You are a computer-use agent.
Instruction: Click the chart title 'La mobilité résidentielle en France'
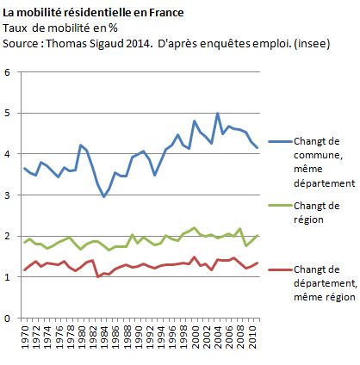click(93, 13)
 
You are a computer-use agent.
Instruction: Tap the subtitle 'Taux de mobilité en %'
click(60, 28)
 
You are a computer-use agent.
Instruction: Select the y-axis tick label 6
click(7, 72)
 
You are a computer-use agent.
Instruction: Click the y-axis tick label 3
click(7, 195)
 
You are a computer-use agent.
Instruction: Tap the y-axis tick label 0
click(7, 319)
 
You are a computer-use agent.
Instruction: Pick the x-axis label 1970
click(25, 337)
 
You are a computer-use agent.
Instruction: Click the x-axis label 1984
click(104, 337)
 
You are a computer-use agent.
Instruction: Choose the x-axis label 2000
click(196, 337)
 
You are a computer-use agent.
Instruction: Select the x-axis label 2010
click(252, 337)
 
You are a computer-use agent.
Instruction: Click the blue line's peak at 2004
click(218, 114)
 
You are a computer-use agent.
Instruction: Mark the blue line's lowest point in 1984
click(104, 196)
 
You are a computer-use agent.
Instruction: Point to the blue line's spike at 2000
click(195, 121)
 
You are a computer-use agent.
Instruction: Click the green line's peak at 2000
click(195, 228)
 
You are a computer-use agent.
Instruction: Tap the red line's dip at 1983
click(98, 276)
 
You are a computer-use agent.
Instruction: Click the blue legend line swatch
click(281, 141)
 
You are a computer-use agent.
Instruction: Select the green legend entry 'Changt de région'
click(317, 213)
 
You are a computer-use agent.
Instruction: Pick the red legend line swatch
click(281, 269)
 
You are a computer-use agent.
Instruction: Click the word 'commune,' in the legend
click(318, 155)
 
